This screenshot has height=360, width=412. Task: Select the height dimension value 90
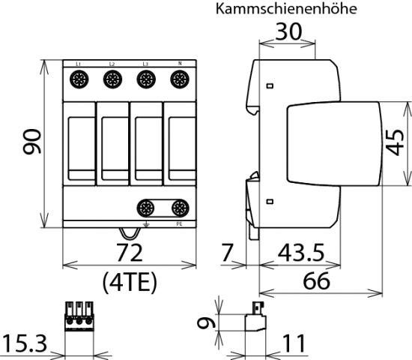coord(32,140)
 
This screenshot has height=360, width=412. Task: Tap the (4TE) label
coord(127,281)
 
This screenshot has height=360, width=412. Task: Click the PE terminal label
coord(178,223)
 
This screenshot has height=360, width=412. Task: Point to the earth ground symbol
coord(147,223)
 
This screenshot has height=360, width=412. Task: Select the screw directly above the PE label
coord(178,208)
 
